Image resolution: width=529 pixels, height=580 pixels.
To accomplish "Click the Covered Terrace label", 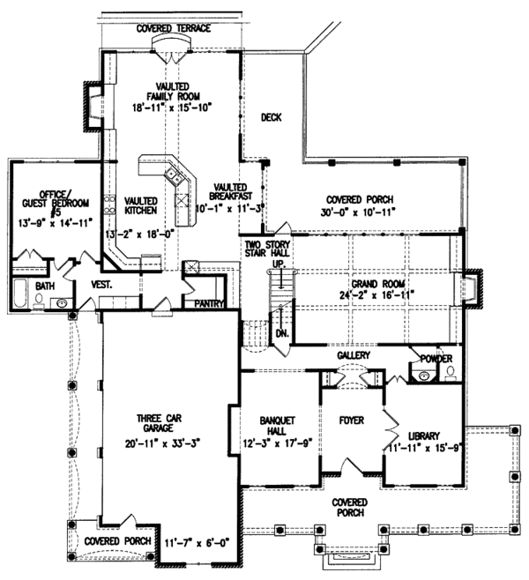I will click(174, 28).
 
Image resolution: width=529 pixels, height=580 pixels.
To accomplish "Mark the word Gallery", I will click(352, 354).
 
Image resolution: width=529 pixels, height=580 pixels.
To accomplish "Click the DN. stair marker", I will click(283, 335).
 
